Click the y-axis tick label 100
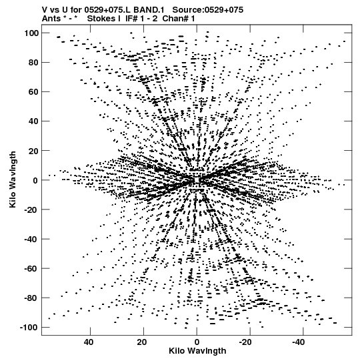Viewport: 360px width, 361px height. point(31,33)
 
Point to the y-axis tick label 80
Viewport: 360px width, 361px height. point(33,63)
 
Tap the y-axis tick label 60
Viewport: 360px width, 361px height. point(33,92)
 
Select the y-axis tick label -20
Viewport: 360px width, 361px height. point(31,210)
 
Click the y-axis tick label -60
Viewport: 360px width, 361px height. point(31,268)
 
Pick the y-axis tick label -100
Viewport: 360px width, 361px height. point(29,327)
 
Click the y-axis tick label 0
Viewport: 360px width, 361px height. point(35,180)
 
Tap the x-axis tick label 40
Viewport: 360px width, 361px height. point(89,342)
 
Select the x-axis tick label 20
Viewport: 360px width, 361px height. point(142,342)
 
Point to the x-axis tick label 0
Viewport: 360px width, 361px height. point(197,342)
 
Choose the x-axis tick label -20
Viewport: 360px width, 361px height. point(245,342)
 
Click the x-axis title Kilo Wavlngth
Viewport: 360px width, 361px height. point(197,351)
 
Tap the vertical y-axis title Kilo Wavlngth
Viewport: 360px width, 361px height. point(13,179)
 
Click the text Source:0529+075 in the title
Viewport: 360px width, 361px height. point(208,10)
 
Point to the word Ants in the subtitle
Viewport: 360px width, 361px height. point(51,19)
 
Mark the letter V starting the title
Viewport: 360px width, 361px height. point(45,10)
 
